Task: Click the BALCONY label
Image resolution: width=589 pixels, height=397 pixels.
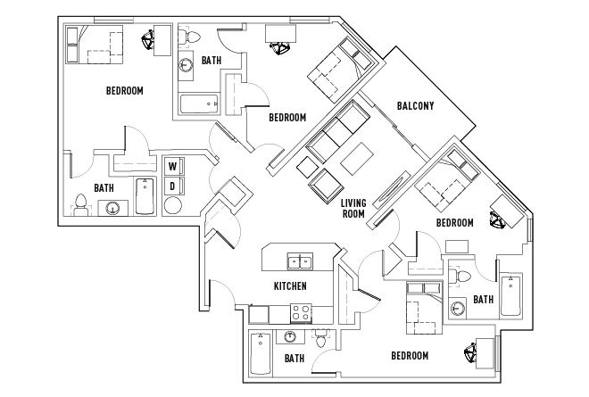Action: pos(416,107)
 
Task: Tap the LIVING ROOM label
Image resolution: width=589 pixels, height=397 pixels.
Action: pos(354,209)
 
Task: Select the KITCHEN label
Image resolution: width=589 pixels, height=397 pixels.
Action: pos(290,286)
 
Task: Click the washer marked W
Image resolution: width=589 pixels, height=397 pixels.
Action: pos(173,166)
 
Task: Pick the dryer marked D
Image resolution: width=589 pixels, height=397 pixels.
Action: pos(173,186)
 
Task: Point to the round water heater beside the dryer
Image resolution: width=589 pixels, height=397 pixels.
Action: pos(173,206)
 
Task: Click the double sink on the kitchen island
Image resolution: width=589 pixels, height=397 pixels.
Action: pos(299,261)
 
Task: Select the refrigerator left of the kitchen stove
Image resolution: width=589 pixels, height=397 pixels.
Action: pos(259,314)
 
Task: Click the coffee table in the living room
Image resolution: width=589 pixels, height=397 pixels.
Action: pos(356,158)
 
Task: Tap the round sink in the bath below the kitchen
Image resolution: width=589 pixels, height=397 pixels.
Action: pos(291,336)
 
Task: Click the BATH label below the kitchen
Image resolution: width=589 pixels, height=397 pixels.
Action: pos(294,359)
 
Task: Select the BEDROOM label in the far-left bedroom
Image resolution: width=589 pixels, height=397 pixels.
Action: pos(125,91)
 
